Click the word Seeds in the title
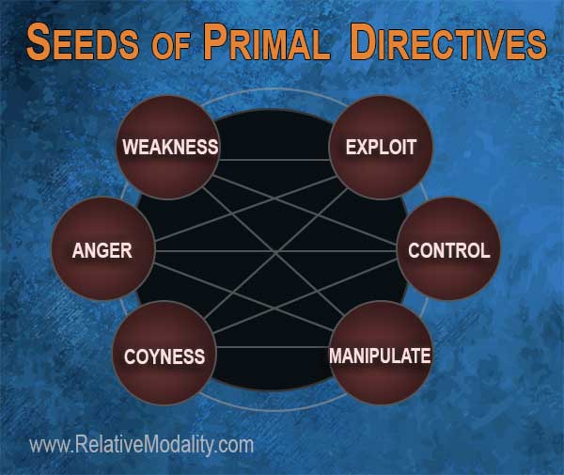[83, 41]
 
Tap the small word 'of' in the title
[170, 47]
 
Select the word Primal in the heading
[266, 41]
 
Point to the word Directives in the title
[448, 41]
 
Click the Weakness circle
[168, 147]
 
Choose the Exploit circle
[381, 147]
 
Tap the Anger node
[103, 249]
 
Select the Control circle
[448, 249]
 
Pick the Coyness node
[164, 354]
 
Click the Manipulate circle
[380, 354]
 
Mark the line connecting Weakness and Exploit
[274, 159]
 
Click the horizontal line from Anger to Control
[275, 251]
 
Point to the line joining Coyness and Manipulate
[273, 347]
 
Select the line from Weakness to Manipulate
[274, 251]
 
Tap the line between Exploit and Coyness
[275, 254]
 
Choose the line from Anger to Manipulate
[243, 296]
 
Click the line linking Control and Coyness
[305, 296]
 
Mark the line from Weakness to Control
[305, 210]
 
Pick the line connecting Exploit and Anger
[246, 209]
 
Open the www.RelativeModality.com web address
[141, 445]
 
